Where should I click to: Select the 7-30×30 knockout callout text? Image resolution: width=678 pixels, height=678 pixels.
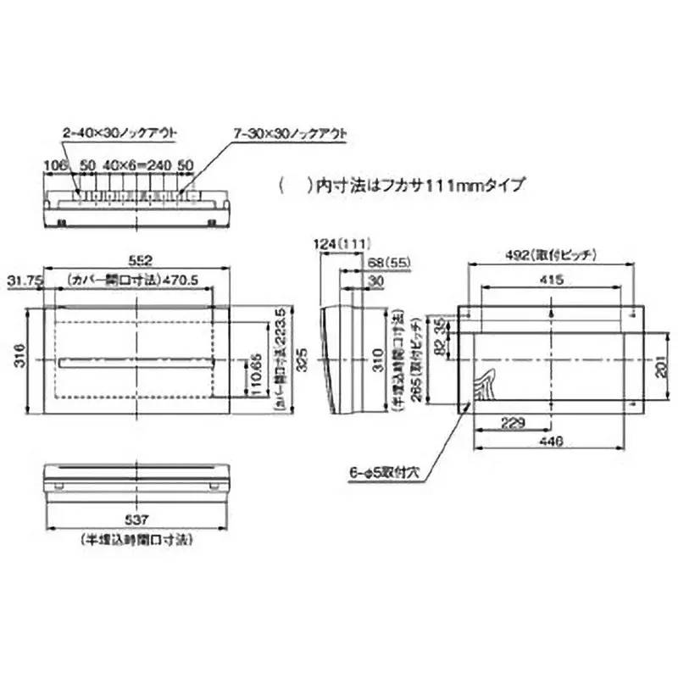click(290, 134)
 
